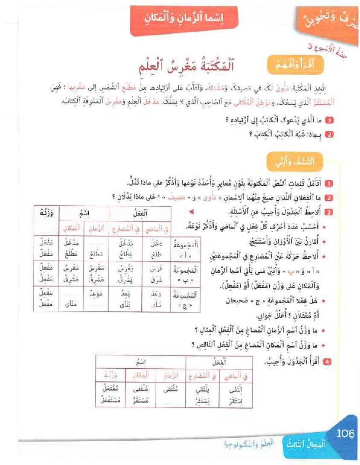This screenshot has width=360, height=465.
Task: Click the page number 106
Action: coord(345,434)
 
